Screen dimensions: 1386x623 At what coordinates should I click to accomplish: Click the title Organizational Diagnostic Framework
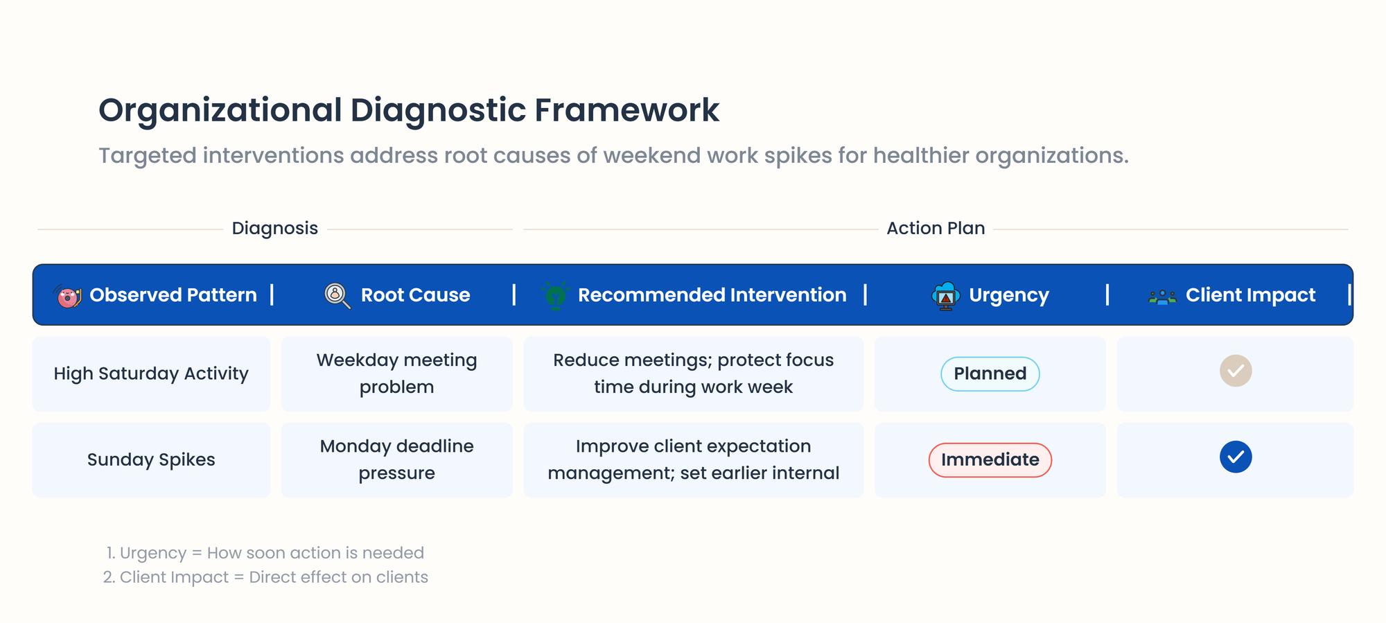(409, 110)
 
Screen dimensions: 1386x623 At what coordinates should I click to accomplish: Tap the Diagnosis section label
(275, 228)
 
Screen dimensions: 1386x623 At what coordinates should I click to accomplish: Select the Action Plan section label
(936, 228)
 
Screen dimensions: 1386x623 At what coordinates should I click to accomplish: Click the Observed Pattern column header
(173, 295)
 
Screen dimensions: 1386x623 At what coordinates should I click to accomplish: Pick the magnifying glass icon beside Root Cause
(337, 295)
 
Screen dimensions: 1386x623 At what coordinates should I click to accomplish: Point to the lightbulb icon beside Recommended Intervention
(555, 295)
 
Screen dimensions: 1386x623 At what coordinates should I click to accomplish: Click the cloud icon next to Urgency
(945, 296)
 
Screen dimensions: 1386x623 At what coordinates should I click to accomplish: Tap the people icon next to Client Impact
(1162, 297)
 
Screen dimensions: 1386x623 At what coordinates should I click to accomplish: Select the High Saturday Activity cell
(151, 374)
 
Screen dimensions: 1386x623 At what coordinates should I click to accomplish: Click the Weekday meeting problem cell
(397, 374)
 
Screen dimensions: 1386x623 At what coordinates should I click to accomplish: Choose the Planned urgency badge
(990, 374)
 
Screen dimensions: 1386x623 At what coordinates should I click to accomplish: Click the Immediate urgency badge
(990, 459)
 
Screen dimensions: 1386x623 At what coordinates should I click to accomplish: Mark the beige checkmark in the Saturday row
(1236, 371)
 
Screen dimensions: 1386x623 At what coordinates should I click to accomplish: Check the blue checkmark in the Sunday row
(1236, 457)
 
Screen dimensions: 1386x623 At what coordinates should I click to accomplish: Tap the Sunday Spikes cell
(151, 459)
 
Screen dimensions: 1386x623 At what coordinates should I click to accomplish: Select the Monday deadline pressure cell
(397, 459)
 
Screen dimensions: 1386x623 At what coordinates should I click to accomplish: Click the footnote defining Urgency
(265, 553)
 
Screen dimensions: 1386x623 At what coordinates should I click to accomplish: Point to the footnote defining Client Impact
(265, 577)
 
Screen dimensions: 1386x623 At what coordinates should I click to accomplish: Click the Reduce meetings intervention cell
(694, 374)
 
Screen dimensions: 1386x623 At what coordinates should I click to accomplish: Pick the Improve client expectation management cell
(694, 459)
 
